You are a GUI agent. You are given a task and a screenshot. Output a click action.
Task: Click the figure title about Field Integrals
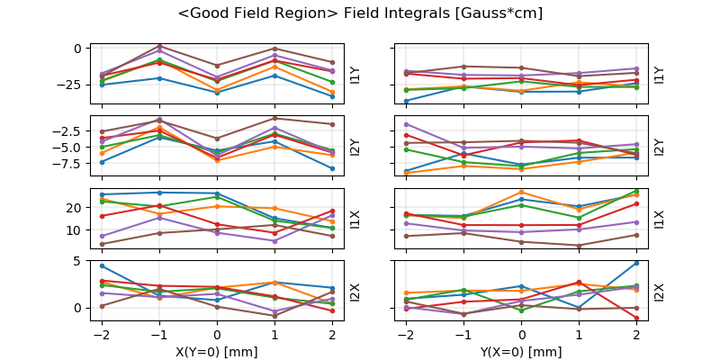tap(360, 13)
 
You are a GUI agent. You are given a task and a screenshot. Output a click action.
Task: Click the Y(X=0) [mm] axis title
tap(522, 352)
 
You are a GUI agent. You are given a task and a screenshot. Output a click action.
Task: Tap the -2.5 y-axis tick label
tap(71, 131)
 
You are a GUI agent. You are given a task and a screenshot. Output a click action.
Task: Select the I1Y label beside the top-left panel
tap(355, 75)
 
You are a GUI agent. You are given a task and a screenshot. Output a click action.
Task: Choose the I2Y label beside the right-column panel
tap(660, 147)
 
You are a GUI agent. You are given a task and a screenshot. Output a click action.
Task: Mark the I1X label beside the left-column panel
tap(355, 219)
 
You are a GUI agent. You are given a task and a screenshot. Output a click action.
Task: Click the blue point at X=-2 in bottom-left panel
tap(102, 265)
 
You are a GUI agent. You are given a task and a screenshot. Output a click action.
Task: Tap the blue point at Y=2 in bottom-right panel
tap(636, 263)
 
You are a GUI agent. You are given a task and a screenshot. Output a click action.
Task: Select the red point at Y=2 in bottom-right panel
tap(636, 318)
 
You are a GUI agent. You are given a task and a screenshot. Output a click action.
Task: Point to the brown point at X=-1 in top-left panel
tap(159, 46)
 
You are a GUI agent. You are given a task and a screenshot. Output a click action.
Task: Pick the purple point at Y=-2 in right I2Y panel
tap(407, 124)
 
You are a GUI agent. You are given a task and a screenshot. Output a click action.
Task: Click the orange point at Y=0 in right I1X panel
tap(522, 192)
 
